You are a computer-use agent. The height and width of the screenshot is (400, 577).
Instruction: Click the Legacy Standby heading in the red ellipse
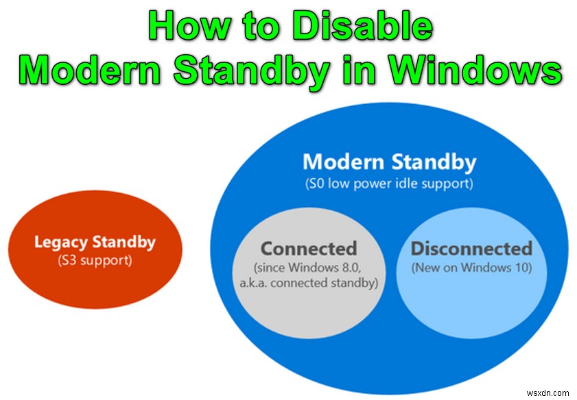point(95,242)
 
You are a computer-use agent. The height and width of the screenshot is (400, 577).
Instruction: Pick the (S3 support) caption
point(95,261)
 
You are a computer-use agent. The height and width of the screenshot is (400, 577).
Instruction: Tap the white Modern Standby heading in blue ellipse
point(389,162)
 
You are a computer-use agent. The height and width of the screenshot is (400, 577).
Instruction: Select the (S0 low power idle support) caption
point(389,184)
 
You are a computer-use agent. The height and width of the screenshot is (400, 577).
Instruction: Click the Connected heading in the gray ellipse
point(309,247)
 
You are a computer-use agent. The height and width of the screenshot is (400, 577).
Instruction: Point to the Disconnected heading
point(471,248)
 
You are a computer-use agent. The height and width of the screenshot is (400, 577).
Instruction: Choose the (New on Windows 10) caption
point(471,268)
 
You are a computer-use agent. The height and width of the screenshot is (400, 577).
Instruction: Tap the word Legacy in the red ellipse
point(58,242)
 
